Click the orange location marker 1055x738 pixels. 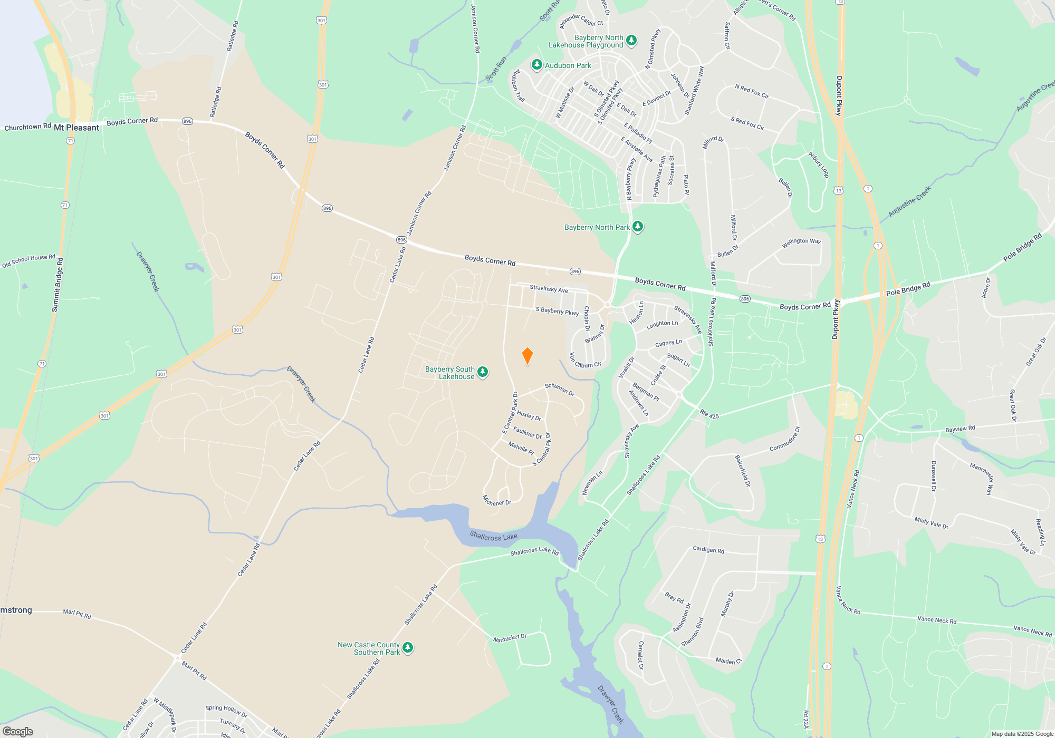click(527, 356)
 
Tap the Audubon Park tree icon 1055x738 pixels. click(536, 65)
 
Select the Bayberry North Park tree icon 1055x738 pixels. click(638, 227)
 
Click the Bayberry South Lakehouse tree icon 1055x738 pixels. click(482, 373)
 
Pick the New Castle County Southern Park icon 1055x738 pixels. click(407, 648)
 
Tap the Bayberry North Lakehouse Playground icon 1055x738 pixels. click(631, 41)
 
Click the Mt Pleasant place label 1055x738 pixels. click(76, 128)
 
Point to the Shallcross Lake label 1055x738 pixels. click(493, 537)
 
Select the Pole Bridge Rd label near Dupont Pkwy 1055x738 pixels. click(908, 289)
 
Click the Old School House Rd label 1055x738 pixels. click(28, 260)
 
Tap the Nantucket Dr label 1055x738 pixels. click(510, 638)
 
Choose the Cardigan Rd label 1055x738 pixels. click(708, 549)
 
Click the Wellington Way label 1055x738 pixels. click(801, 242)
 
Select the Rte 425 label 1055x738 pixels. click(709, 414)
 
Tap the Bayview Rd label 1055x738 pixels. click(960, 429)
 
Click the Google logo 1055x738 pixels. click(18, 731)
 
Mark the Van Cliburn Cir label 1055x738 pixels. click(585, 361)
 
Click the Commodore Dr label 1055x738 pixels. click(785, 439)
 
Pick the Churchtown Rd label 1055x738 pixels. click(27, 127)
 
